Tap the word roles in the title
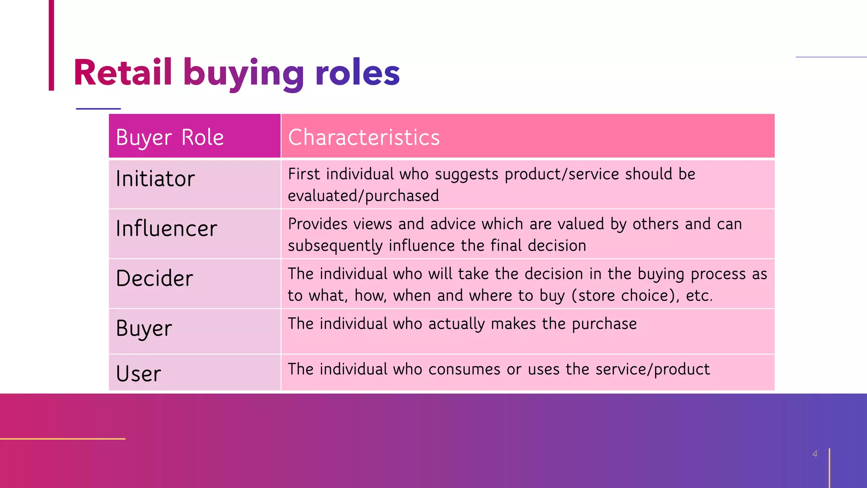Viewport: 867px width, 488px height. tap(357, 73)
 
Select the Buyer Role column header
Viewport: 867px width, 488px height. tap(170, 137)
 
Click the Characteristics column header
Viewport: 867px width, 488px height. tap(364, 137)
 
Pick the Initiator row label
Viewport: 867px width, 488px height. tap(155, 179)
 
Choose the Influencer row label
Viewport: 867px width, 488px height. tap(166, 229)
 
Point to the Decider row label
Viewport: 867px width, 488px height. tap(154, 278)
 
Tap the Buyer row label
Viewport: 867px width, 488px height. tap(144, 328)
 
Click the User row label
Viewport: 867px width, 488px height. tap(138, 374)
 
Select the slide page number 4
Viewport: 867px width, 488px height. tap(815, 454)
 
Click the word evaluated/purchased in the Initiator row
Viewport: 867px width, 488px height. tap(363, 196)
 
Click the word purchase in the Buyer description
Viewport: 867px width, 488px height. tap(604, 324)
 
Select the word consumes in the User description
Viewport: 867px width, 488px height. tap(464, 369)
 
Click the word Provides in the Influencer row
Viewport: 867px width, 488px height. tap(318, 224)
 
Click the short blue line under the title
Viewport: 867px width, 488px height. tap(98, 109)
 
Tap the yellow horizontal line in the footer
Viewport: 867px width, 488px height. tap(63, 439)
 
